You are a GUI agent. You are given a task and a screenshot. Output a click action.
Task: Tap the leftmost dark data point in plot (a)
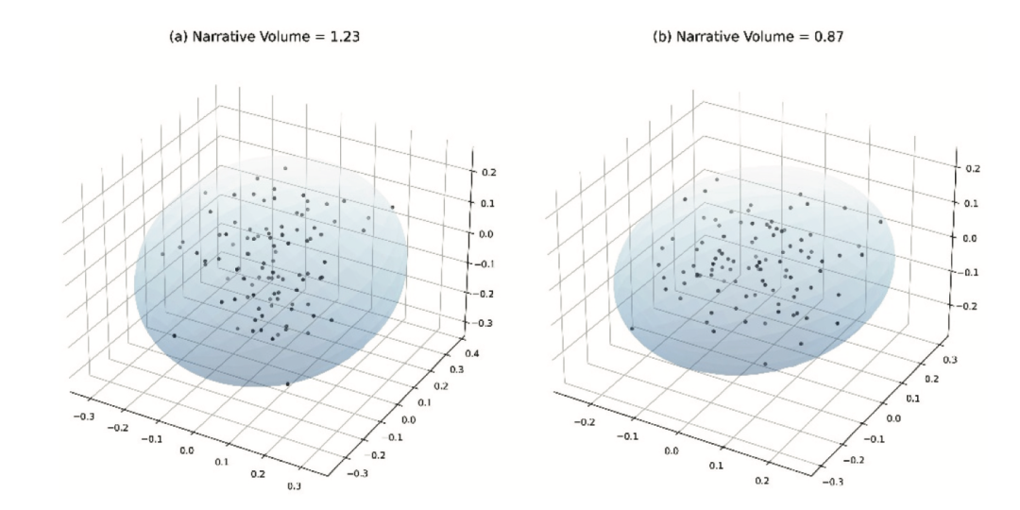174,335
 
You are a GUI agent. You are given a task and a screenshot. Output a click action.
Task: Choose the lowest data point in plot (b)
765,364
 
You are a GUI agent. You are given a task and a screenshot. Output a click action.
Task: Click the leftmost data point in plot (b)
632,328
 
